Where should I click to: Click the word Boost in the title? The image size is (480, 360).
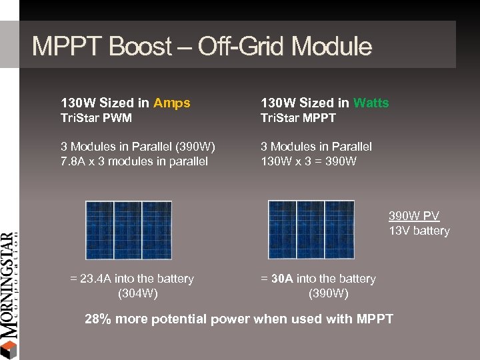pos(139,47)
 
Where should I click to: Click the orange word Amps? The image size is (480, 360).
pos(171,103)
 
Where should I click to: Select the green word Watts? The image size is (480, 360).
pos(371,103)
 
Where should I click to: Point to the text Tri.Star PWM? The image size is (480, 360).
pos(96,118)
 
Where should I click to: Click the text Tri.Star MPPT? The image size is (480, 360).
pos(298,118)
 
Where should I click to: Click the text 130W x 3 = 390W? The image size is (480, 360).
pos(309,161)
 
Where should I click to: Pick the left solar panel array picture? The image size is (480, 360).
pos(128,230)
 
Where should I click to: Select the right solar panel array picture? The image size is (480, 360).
pos(311,230)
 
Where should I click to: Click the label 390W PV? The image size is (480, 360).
pos(414,216)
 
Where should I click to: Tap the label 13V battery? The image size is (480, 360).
pos(419,231)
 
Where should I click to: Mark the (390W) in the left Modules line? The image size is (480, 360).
pos(197,147)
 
